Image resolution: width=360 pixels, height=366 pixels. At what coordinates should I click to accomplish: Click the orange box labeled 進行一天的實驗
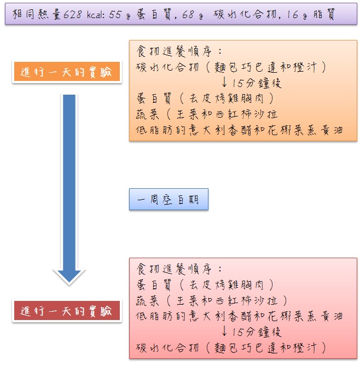(x=66, y=73)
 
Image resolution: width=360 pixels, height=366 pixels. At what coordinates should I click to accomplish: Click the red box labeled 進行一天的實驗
(x=66, y=311)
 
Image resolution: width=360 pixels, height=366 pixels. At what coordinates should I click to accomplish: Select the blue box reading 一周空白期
(x=169, y=200)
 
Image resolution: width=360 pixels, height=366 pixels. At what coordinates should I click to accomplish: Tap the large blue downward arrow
(x=69, y=186)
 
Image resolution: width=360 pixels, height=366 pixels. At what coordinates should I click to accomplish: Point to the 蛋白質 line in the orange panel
(x=205, y=99)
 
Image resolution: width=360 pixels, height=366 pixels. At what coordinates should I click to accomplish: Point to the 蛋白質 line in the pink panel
(x=205, y=285)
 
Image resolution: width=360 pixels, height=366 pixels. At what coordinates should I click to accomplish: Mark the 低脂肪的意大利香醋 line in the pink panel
(x=240, y=316)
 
